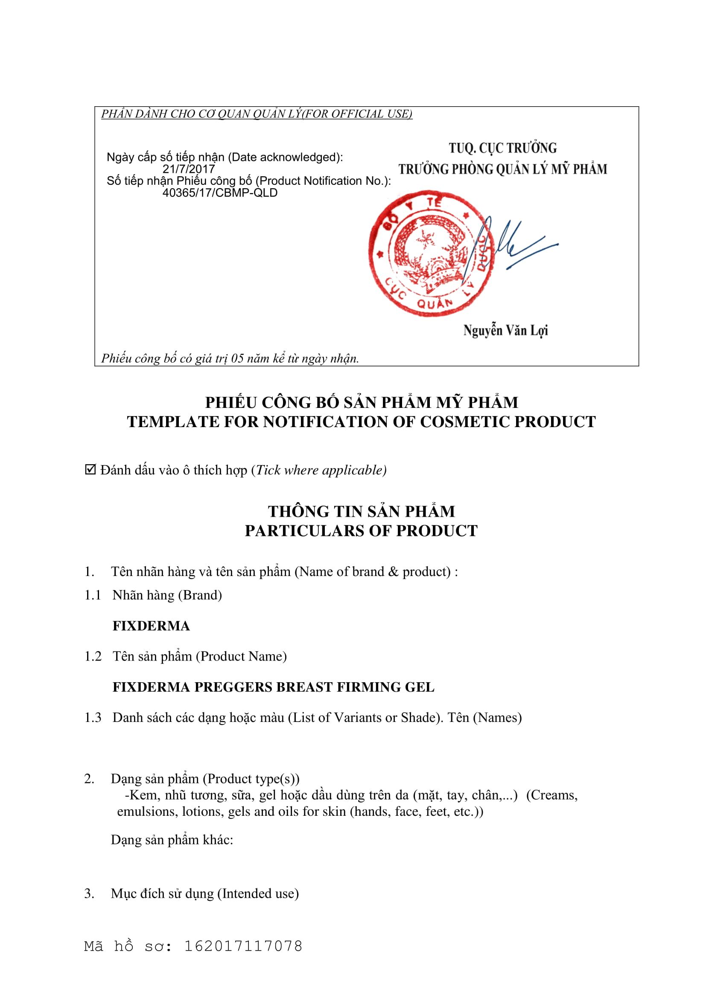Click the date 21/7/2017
click(189, 169)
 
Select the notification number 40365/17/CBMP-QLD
click(219, 193)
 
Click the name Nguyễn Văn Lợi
click(505, 331)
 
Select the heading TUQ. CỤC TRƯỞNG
click(502, 148)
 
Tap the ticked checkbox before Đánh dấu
click(90, 470)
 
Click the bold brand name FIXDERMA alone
click(151, 626)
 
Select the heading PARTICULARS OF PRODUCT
click(361, 531)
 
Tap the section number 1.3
click(93, 718)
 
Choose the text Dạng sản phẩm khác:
click(172, 839)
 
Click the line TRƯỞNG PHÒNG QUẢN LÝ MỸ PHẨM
click(502, 169)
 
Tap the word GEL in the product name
click(420, 687)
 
